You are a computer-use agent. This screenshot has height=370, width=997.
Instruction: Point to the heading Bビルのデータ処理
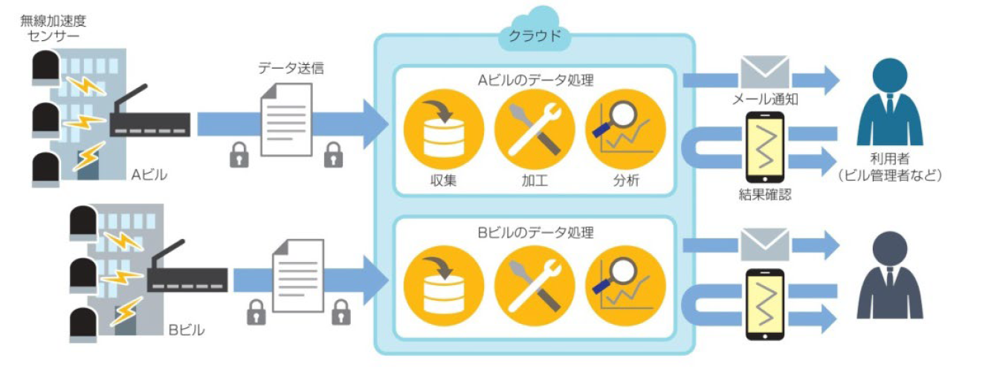coord(535,232)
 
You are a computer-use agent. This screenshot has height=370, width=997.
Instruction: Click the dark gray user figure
coord(889,275)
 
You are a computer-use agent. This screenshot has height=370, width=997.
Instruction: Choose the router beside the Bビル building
coord(186,275)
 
